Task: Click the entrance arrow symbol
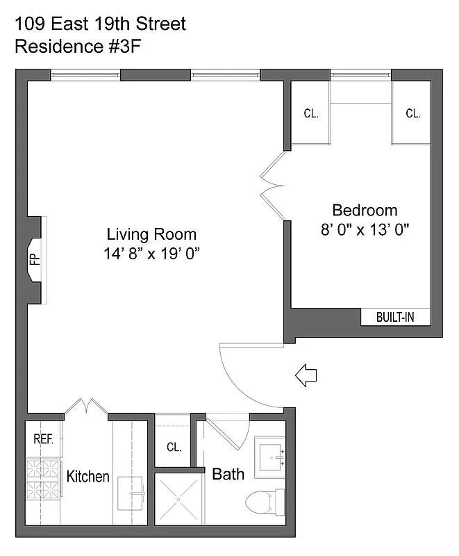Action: pos(306,376)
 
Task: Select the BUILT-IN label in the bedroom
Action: pos(395,318)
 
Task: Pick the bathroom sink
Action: pos(269,457)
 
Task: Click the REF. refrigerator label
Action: pos(43,439)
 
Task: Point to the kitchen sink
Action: pos(131,493)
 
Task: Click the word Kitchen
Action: pos(87,477)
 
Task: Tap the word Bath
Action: pos(228,475)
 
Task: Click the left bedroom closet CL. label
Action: pos(311,114)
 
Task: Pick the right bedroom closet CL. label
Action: pos(413,114)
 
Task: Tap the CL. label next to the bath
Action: pos(174,448)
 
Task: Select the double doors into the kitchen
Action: pos(87,409)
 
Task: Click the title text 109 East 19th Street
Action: pos(100,25)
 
